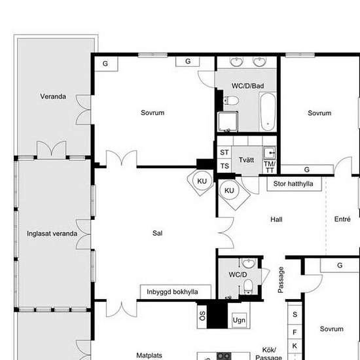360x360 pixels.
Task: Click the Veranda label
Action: click(53, 96)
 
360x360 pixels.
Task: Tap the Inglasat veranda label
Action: click(52, 234)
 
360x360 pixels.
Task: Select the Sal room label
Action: click(157, 233)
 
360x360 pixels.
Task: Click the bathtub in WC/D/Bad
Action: click(268, 111)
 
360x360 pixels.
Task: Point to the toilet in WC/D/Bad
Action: click(231, 101)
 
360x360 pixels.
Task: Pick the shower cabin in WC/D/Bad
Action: click(228, 122)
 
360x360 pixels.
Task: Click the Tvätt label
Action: click(246, 160)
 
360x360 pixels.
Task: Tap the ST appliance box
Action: click(225, 153)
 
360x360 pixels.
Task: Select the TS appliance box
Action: click(225, 166)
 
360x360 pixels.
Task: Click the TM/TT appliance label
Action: click(269, 167)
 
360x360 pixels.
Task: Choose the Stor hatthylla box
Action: click(294, 184)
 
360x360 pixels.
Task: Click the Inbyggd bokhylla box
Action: click(175, 292)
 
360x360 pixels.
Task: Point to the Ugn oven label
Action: click(239, 320)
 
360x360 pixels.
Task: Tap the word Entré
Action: click(342, 219)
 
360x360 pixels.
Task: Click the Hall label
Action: click(276, 219)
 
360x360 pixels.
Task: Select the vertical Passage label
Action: click(281, 279)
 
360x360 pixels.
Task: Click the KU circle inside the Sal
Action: click(202, 181)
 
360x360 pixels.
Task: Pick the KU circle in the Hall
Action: click(229, 190)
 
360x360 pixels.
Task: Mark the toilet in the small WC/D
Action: click(248, 287)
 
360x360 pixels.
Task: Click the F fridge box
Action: click(295, 332)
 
